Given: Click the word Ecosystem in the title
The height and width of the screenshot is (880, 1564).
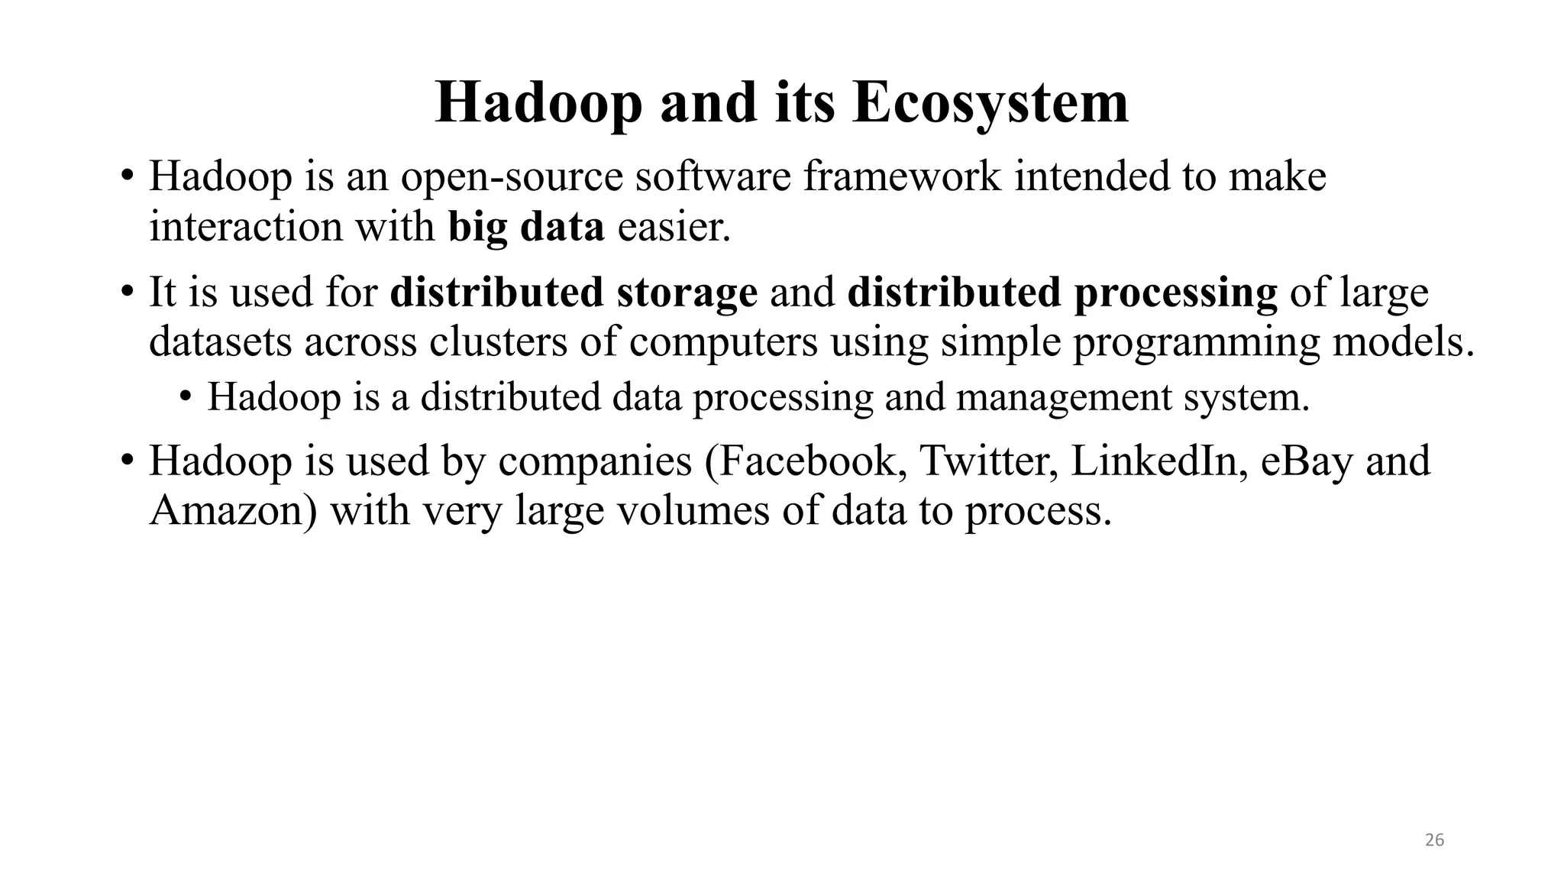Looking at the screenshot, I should tap(990, 104).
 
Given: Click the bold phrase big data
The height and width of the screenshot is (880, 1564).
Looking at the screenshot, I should tap(526, 227).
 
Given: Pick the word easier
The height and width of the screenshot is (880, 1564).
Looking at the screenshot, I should tap(674, 227).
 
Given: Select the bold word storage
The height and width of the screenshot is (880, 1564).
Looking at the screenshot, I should tap(687, 293).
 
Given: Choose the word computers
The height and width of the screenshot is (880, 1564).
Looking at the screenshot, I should tap(723, 341).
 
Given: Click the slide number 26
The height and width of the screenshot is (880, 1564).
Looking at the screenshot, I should tap(1435, 840).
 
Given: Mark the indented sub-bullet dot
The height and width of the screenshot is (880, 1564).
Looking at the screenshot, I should tap(185, 396).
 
